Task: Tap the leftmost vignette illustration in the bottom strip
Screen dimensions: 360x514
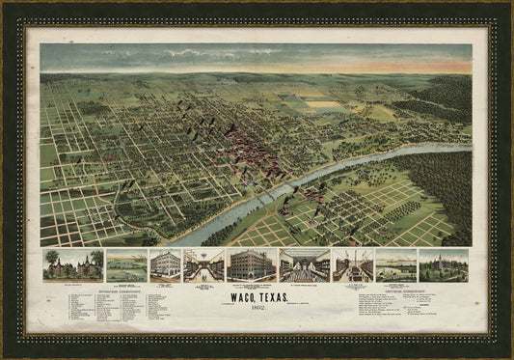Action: point(72,265)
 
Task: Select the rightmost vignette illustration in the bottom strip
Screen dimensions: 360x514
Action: point(443,265)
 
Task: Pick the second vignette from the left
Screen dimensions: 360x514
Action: point(125,265)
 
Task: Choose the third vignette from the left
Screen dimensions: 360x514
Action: point(165,265)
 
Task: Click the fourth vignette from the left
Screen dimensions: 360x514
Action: point(203,265)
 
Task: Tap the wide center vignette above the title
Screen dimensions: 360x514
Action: point(252,265)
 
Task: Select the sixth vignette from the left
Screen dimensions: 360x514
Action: point(304,265)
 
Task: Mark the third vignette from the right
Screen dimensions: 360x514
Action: point(352,265)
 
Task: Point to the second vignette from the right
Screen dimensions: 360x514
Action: point(395,265)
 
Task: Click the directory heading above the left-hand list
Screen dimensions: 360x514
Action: point(94,288)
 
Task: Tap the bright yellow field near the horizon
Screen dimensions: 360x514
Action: point(325,103)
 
